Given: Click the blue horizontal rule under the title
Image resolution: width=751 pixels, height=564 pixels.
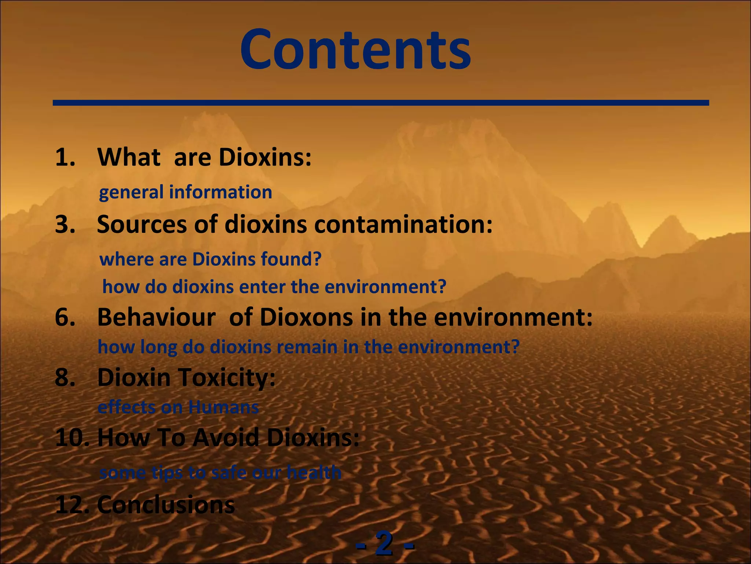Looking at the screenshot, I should (381, 103).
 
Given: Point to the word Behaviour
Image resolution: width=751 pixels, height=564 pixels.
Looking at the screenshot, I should (157, 317).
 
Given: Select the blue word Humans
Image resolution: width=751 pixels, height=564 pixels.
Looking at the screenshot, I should (223, 407).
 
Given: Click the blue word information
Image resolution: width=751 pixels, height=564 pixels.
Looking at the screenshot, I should (220, 192).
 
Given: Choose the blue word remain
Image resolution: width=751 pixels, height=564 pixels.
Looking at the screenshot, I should (307, 347).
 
